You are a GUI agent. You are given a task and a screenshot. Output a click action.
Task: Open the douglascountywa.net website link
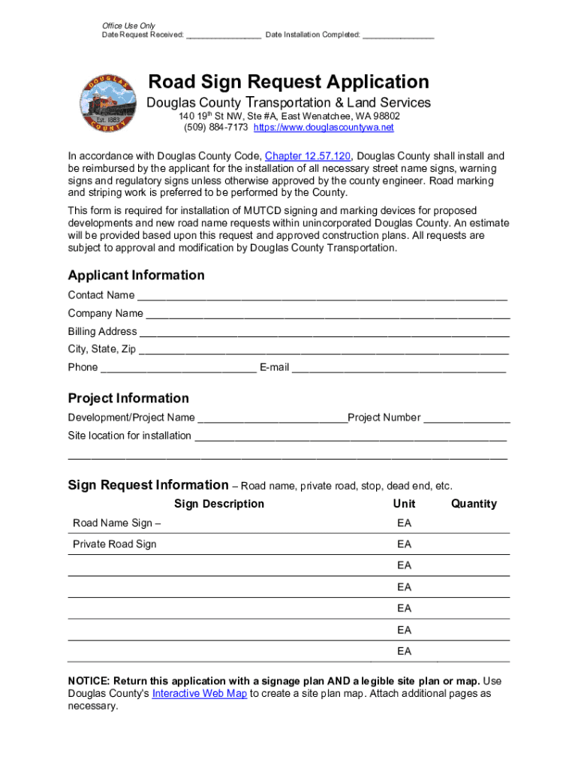324,128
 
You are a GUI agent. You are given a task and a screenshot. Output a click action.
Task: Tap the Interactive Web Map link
200,693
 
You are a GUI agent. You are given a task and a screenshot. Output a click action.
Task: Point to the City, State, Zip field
324,351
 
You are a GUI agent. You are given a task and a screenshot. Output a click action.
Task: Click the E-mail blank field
398,369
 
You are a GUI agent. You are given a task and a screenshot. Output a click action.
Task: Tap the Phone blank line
178,369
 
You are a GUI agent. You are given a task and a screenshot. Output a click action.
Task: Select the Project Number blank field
466,419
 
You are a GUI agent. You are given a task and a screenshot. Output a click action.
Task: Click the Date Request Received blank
224,35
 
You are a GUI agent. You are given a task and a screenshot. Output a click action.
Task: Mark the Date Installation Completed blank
398,35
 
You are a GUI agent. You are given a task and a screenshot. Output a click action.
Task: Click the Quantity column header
474,504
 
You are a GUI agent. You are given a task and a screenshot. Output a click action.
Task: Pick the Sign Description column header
219,504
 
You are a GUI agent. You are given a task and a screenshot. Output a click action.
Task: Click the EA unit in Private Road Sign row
405,544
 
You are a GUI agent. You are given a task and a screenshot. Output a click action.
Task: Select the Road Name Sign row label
116,523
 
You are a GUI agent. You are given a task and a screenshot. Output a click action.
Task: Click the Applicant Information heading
136,275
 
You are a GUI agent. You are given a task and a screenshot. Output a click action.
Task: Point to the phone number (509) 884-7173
216,128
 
